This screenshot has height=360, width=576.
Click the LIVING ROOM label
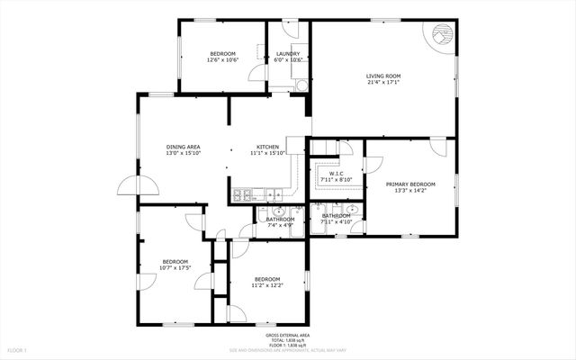383,76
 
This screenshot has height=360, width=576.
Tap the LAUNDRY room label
288,53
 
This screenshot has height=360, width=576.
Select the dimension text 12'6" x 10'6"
222,60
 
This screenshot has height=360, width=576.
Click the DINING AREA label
183,147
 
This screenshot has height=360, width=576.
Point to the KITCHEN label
268,147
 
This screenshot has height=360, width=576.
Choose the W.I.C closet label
336,173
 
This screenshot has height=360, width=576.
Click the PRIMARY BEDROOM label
409,184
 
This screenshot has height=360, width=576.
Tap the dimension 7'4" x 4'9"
280,225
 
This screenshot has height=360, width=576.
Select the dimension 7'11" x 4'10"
336,222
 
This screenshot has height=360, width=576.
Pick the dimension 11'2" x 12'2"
267,285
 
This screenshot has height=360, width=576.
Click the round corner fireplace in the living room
440,34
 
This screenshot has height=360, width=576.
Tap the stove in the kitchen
240,195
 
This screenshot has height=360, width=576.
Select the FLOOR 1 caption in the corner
17,349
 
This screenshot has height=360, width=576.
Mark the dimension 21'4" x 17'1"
383,82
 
